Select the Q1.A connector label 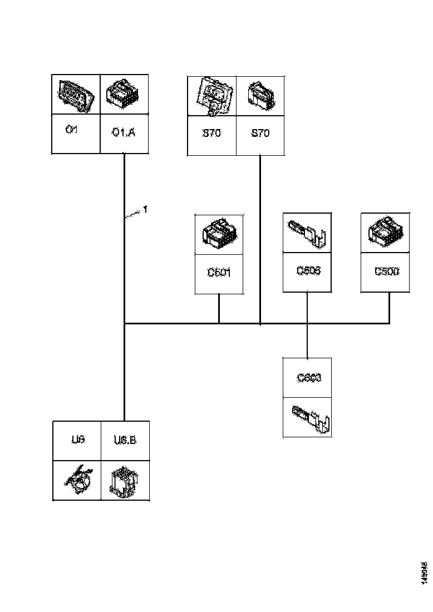pyautogui.click(x=123, y=133)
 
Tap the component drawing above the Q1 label pyautogui.click(x=76, y=95)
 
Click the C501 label pyautogui.click(x=219, y=273)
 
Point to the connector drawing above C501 pyautogui.click(x=219, y=234)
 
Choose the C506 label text pyautogui.click(x=307, y=271)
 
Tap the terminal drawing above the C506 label pyautogui.click(x=307, y=233)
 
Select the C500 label pyautogui.click(x=386, y=272)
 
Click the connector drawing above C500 pyautogui.click(x=386, y=233)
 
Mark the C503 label pyautogui.click(x=308, y=378)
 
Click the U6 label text pyautogui.click(x=77, y=440)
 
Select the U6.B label pyautogui.click(x=125, y=440)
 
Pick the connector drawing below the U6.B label pyautogui.click(x=125, y=480)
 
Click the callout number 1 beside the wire pyautogui.click(x=145, y=210)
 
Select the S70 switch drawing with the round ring pyautogui.click(x=211, y=96)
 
